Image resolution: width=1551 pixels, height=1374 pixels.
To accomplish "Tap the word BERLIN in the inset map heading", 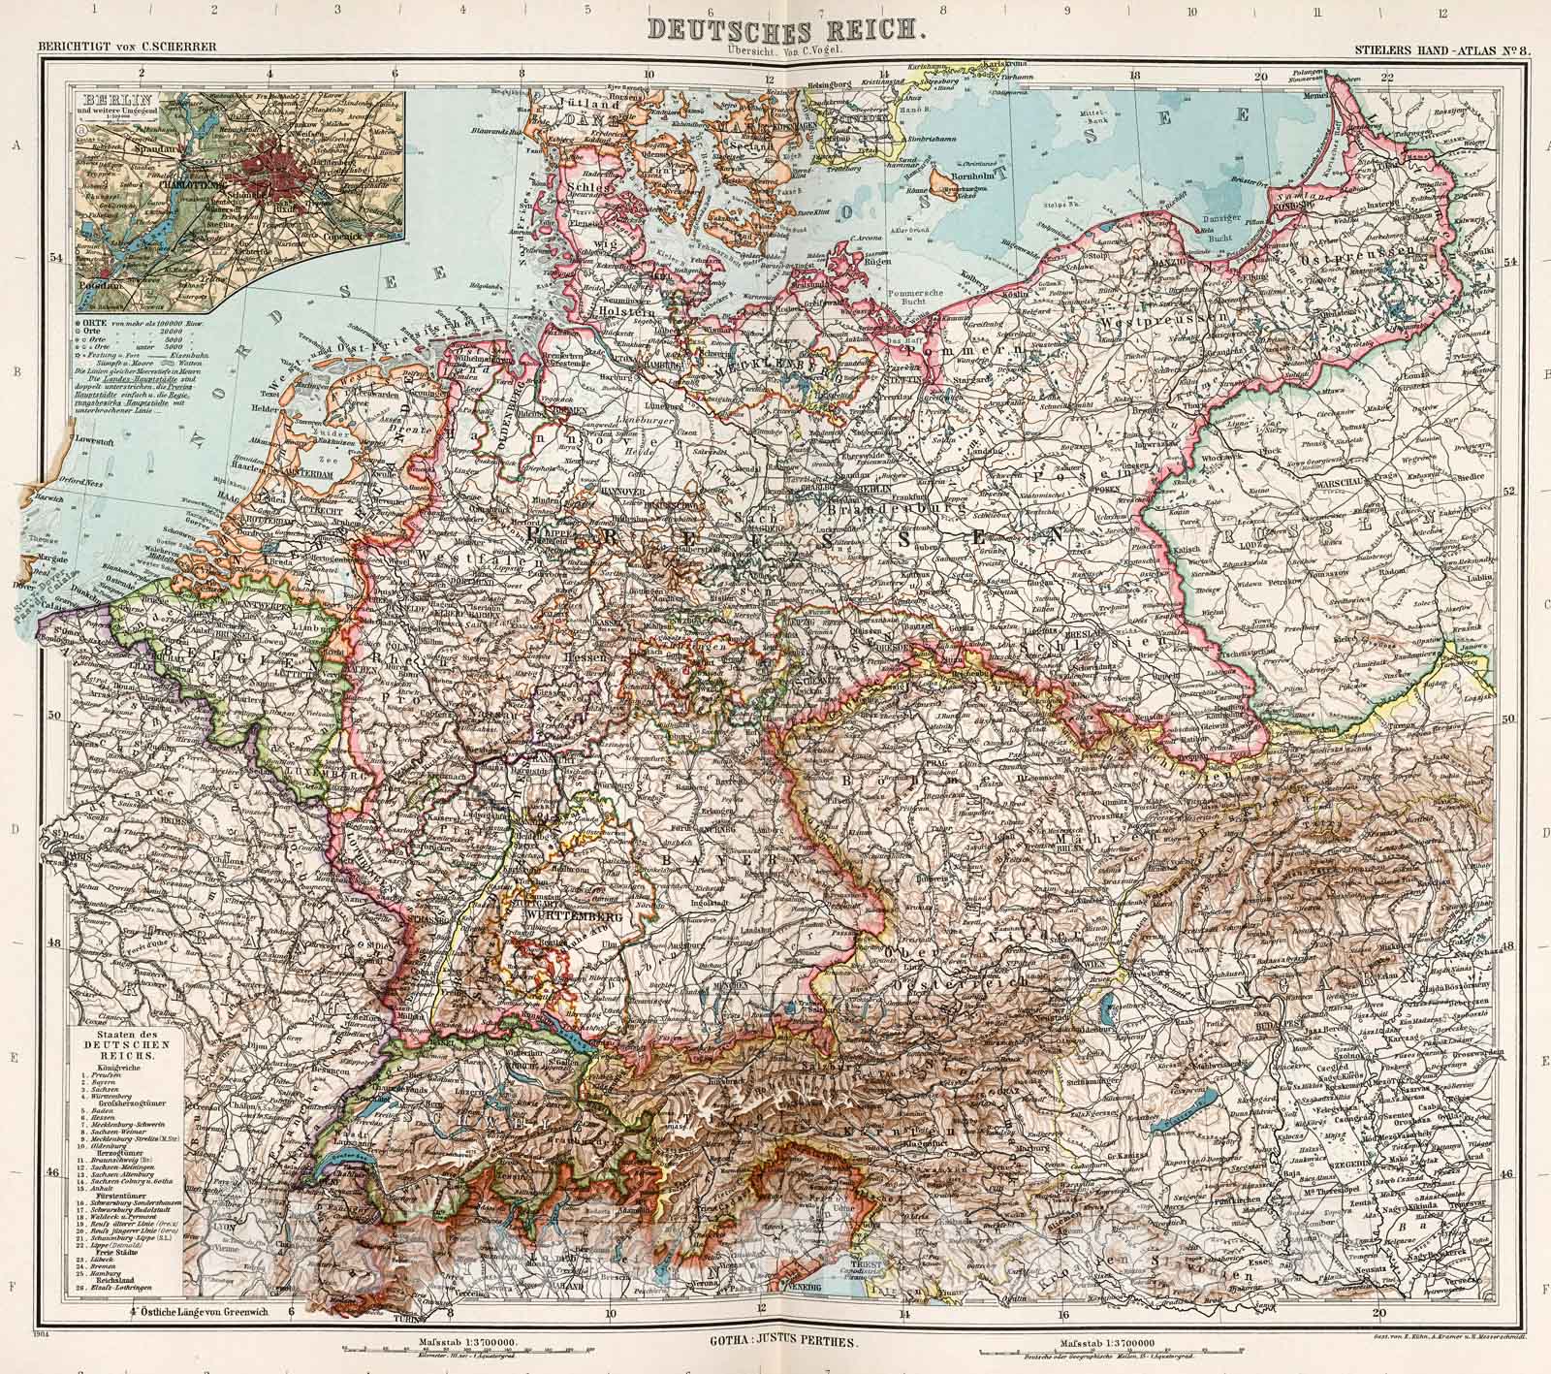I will [x=108, y=101].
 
